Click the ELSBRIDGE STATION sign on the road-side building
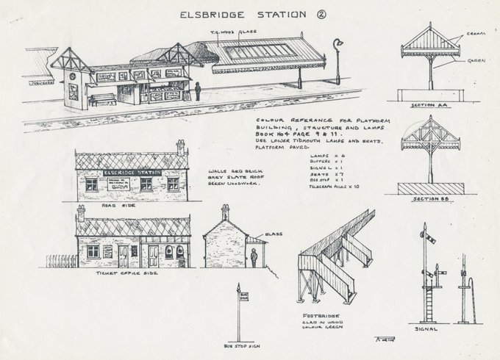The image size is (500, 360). coord(133,173)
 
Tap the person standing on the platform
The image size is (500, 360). coord(197,91)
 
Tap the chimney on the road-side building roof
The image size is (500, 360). coord(181,147)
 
